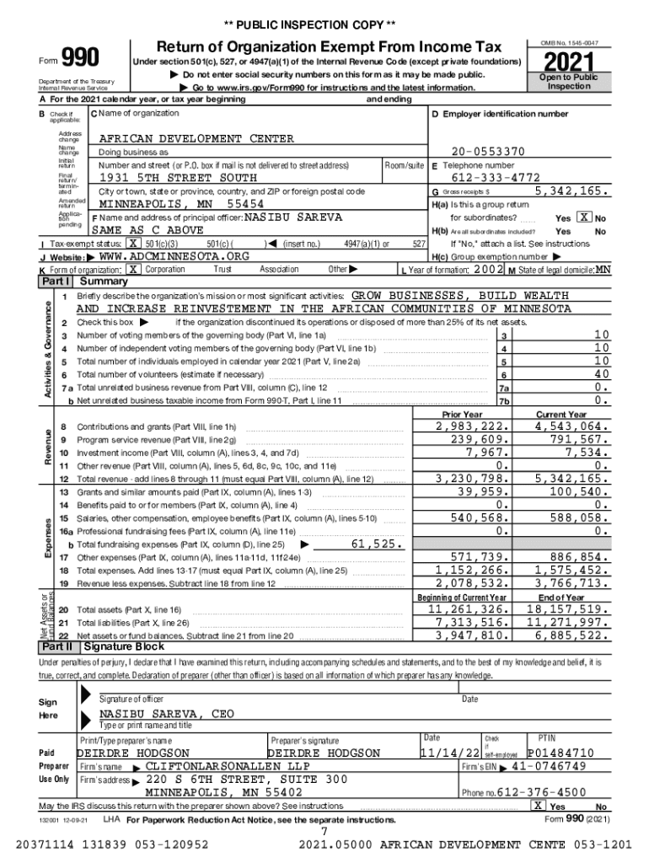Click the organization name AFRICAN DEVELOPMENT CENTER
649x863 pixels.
click(x=196, y=138)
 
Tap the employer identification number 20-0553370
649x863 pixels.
click(x=487, y=151)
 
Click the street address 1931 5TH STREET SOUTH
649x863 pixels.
click(x=179, y=178)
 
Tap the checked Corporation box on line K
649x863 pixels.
click(x=132, y=269)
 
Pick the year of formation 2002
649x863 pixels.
click(x=488, y=269)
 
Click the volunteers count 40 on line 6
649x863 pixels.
click(x=601, y=374)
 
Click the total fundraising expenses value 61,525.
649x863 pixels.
click(x=376, y=544)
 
